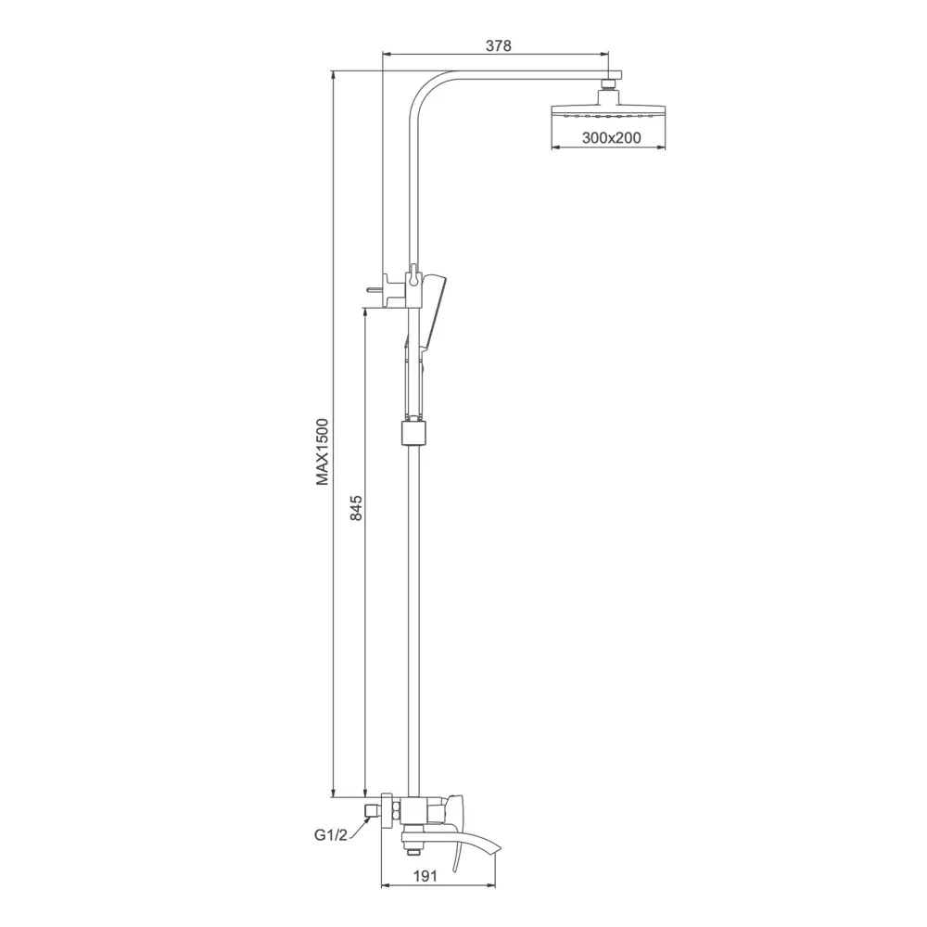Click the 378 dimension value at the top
[498, 45]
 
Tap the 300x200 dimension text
[611, 138]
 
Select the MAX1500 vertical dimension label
[322, 452]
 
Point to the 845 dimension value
[356, 508]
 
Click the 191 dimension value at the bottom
[425, 876]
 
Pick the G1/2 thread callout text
[331, 836]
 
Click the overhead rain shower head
[608, 111]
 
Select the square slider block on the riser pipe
[413, 432]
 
